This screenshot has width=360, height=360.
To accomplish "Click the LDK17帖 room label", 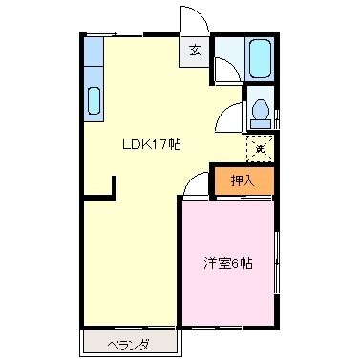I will click(151, 144).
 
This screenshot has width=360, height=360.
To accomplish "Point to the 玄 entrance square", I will click(195, 51).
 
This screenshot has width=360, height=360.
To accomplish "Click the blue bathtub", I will click(260, 59).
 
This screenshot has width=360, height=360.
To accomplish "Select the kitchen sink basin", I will click(95, 99).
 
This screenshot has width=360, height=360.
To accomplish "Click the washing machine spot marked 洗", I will click(260, 148).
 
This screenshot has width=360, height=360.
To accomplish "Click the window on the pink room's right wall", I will click(275, 265).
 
